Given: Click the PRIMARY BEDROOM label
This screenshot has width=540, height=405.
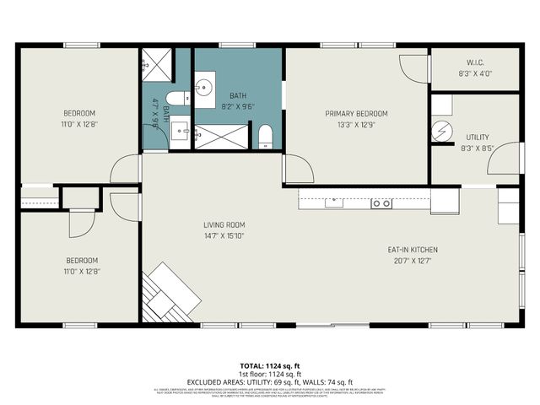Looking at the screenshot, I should [356, 114].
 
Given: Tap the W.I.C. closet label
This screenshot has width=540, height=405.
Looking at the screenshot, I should [474, 62].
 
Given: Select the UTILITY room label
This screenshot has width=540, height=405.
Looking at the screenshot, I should [477, 137].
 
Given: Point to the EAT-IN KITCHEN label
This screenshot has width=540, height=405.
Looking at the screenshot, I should [412, 250].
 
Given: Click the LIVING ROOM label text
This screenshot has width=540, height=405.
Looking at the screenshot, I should [224, 224].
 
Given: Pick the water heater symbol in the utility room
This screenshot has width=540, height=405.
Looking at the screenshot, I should [442, 131].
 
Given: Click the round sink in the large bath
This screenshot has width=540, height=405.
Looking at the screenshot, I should [205, 88].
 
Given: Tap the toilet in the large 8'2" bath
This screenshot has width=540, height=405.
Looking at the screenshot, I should [265, 136].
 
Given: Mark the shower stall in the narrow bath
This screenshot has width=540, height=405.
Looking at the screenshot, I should [156, 61].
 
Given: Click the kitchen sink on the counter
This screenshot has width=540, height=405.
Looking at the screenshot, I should [335, 202].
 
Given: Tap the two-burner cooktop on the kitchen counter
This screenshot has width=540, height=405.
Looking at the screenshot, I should [381, 202].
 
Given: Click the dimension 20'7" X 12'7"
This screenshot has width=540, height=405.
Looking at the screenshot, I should [412, 261].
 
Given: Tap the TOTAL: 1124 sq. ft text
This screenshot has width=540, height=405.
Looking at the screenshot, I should [269, 365].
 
